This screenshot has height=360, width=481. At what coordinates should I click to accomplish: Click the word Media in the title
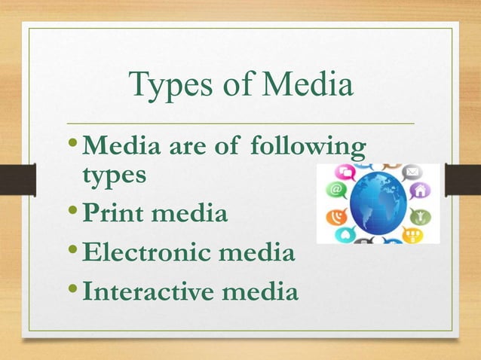coord(305,84)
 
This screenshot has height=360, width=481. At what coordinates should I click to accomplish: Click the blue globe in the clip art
coord(377,202)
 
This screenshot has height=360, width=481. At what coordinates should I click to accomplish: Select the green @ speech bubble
coord(336,190)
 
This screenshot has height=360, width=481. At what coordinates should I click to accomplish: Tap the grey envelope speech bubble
coord(412,173)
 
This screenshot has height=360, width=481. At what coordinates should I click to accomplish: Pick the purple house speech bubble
coord(419,191)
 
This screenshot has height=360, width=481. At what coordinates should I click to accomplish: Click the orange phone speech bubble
coord(336,216)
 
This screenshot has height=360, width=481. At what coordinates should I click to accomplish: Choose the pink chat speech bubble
coord(348,172)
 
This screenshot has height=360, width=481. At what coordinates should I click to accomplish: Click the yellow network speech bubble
coord(412,234)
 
